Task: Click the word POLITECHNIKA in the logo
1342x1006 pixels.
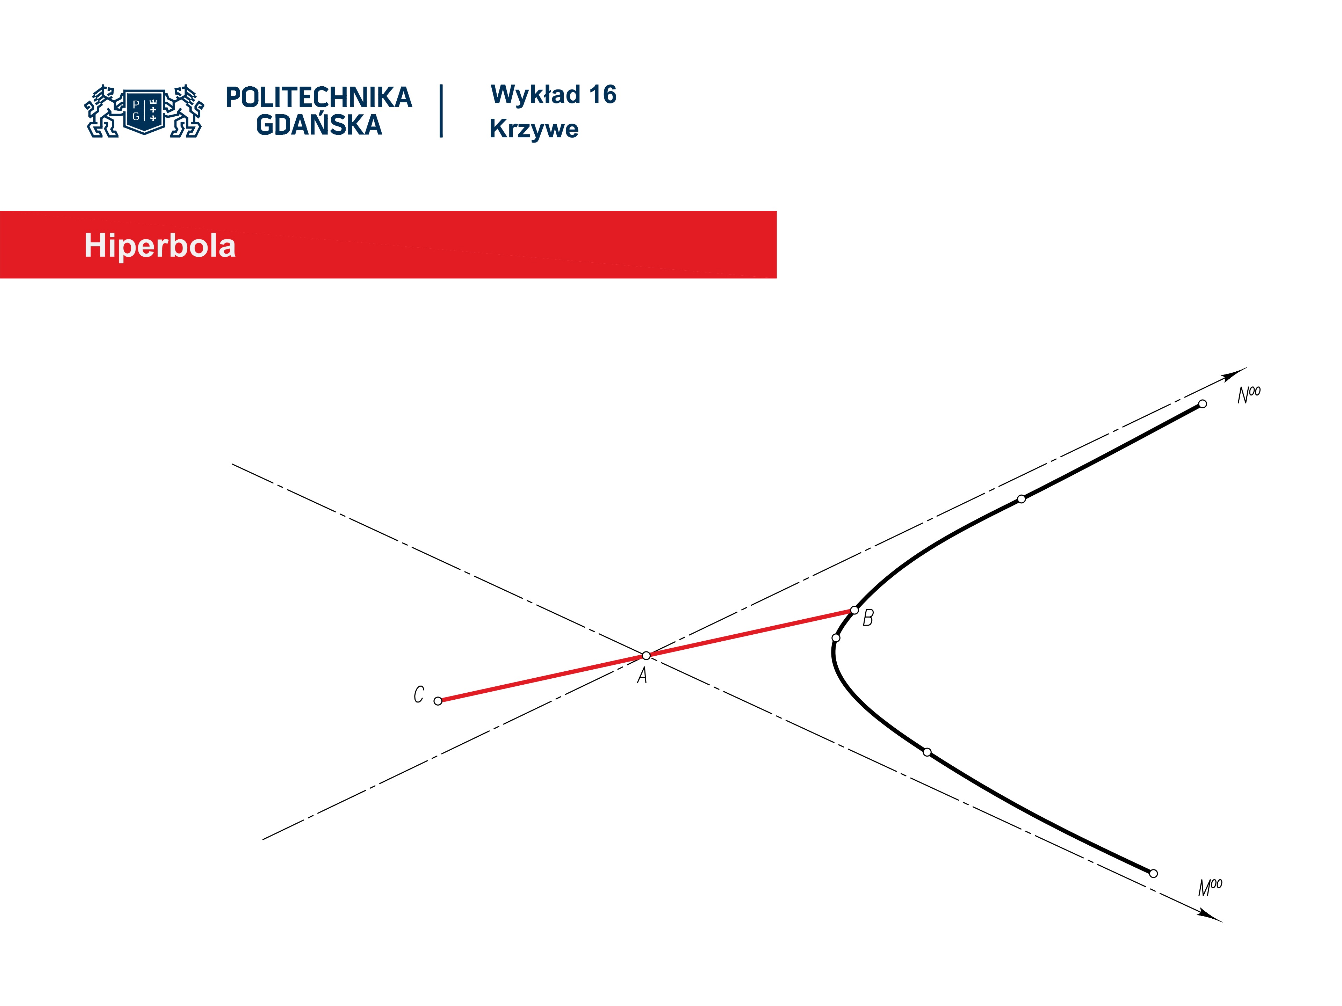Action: (x=318, y=97)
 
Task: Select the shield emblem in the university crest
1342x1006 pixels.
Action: (x=144, y=111)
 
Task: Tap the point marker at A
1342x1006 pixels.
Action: (x=646, y=656)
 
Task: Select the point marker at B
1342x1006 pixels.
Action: (x=854, y=610)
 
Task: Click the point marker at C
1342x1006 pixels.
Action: (x=438, y=701)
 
